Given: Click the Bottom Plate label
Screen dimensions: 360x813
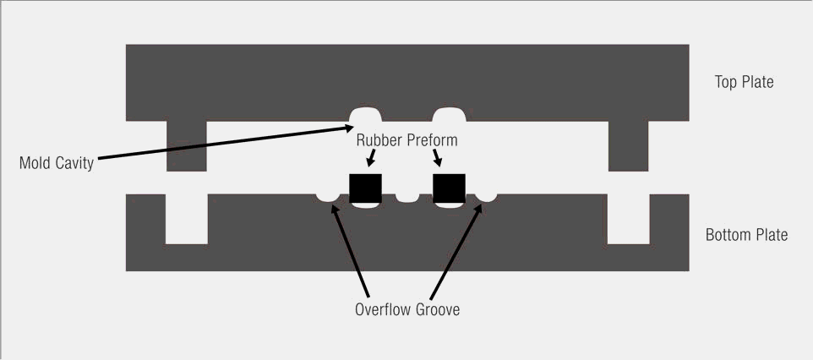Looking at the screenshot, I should (746, 235).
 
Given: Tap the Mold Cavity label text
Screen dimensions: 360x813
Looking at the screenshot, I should (56, 163).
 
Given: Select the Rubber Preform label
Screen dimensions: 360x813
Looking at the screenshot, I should (406, 140).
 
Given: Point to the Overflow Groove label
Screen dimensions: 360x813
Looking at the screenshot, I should (406, 309).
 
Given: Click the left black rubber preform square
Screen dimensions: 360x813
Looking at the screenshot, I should (365, 188).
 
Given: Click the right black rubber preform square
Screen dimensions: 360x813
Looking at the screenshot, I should (449, 188).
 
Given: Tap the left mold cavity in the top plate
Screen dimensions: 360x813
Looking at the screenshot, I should (365, 114).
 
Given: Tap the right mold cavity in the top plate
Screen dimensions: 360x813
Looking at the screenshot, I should (448, 114).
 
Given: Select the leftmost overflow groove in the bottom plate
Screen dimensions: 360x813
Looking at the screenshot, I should (327, 195).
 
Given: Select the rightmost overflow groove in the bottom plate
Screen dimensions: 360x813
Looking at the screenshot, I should (487, 195).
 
